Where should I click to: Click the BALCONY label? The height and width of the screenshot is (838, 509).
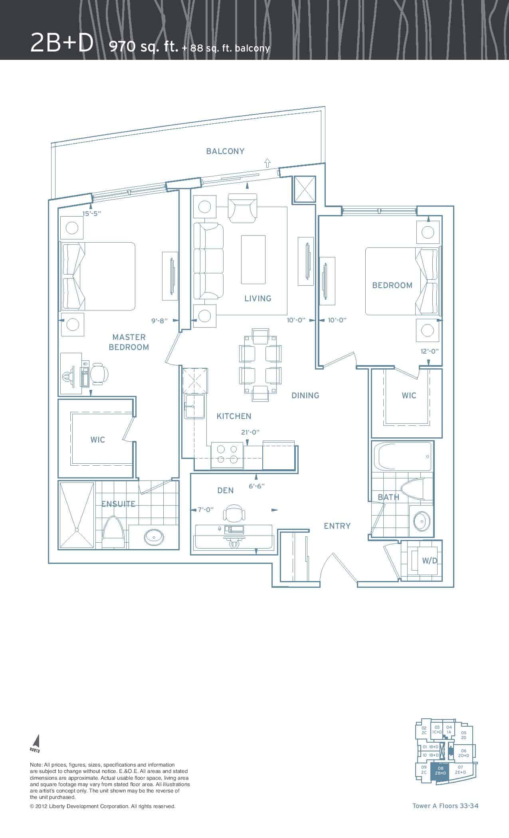pos(225,151)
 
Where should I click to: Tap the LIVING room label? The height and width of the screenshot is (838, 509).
pos(258,298)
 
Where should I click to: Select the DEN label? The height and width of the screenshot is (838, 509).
pos(226,490)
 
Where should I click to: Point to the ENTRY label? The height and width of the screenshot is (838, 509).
pos(337,526)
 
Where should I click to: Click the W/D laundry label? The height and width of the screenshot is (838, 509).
pos(430,561)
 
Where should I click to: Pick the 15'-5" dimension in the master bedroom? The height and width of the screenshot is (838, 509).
pos(92,213)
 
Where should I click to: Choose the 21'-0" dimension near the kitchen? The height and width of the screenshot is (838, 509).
pos(250,432)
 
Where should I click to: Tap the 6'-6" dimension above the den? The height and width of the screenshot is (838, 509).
pos(256,486)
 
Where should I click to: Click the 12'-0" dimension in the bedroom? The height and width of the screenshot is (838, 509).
pos(429,351)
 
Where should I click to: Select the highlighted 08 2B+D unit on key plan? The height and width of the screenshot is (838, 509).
pos(441,771)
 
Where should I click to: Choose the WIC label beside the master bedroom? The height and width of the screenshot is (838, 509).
pos(98,440)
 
